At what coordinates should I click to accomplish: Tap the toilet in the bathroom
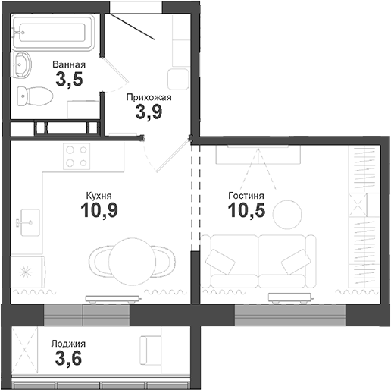coord(35,96)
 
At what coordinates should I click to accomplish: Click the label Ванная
coord(68,65)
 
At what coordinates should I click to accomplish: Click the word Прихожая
coord(149,97)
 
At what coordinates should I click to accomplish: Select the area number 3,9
coord(149,114)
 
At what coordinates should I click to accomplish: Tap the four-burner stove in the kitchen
coord(76,156)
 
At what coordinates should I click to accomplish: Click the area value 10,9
coord(99,210)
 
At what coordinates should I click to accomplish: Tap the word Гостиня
coord(246,194)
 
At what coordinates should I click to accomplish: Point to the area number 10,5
coord(246,210)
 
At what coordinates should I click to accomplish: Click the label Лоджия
coord(69,343)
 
